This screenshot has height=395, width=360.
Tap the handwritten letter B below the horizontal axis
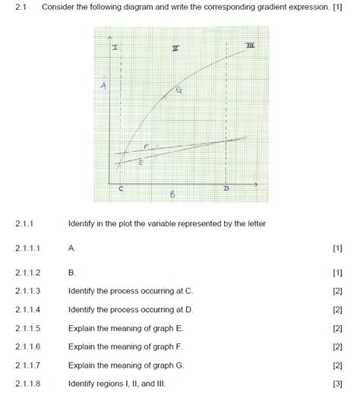pyautogui.click(x=172, y=195)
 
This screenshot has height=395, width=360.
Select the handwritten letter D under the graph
pyautogui.click(x=226, y=188)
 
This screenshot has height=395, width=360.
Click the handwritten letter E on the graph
pyautogui.click(x=139, y=161)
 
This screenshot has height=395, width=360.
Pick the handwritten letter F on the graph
pyautogui.click(x=146, y=146)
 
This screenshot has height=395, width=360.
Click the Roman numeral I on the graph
pyautogui.click(x=115, y=48)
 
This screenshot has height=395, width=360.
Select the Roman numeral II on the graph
pyautogui.click(x=175, y=49)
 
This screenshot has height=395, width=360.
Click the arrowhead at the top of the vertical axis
pyautogui.click(x=111, y=37)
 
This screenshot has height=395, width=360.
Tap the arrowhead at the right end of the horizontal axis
pyautogui.click(x=256, y=184)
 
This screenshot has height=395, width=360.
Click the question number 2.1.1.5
pyautogui.click(x=27, y=329)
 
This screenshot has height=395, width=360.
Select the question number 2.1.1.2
pyautogui.click(x=27, y=272)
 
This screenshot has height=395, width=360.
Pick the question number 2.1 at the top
pyautogui.click(x=20, y=7)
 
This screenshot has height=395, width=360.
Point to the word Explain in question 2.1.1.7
pyautogui.click(x=82, y=365)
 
